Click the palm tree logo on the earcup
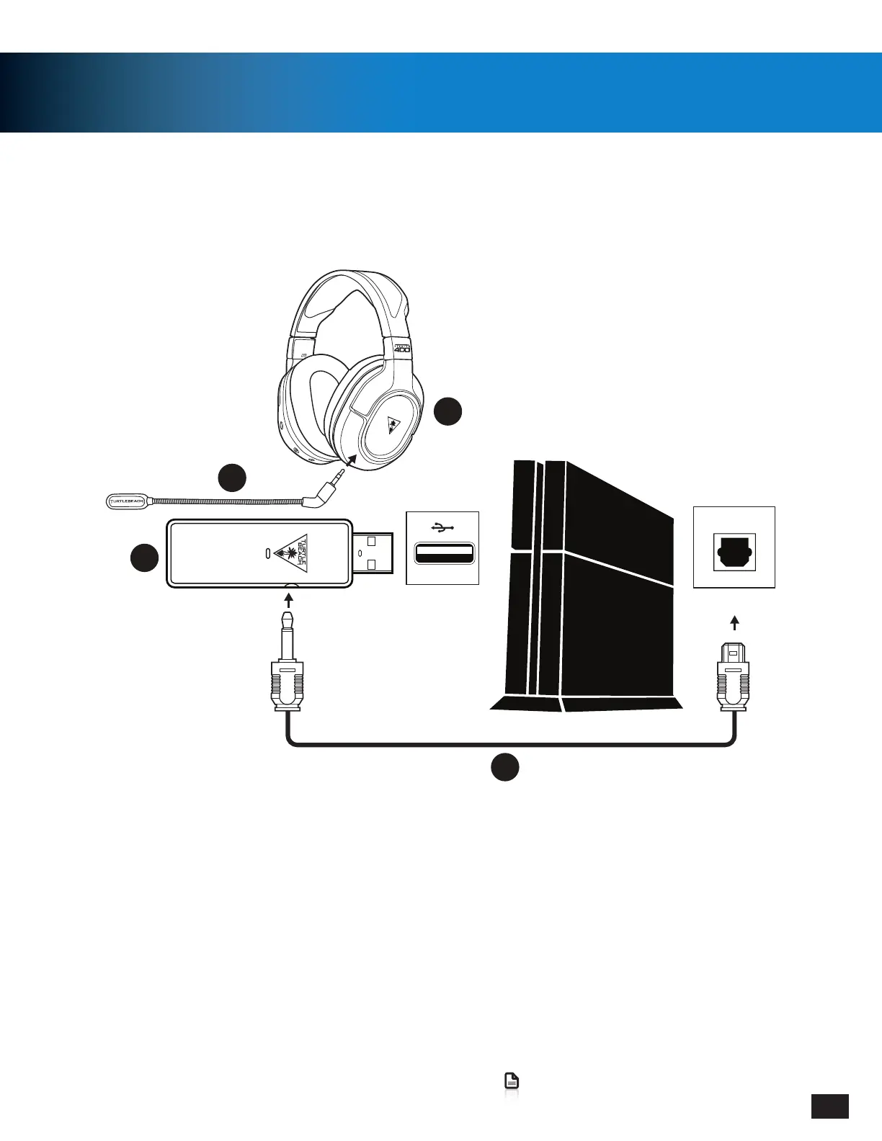(x=393, y=426)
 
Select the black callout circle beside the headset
(x=447, y=411)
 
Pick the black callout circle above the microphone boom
(x=232, y=478)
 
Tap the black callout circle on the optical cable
(x=505, y=766)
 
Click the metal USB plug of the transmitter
(x=373, y=553)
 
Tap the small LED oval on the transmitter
(x=268, y=553)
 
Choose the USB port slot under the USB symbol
(x=443, y=554)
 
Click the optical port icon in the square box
(x=734, y=551)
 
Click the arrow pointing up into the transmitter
(x=289, y=599)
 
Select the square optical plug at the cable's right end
(x=734, y=677)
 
